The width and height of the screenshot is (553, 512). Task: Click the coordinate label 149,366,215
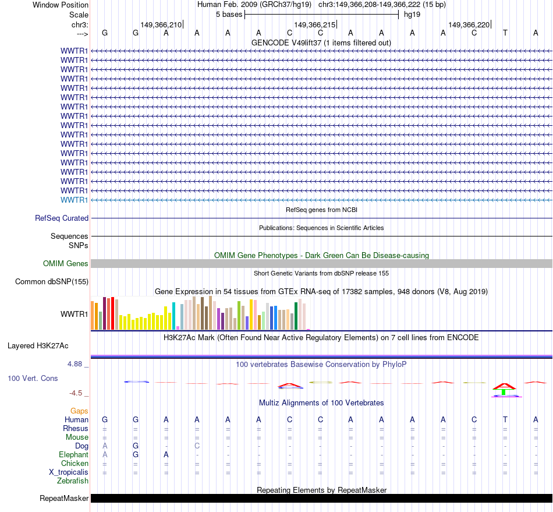(x=315, y=24)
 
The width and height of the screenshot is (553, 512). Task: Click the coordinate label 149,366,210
(x=161, y=24)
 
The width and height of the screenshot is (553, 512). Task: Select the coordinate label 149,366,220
(x=469, y=24)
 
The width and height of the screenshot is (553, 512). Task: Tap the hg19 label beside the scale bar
(x=412, y=14)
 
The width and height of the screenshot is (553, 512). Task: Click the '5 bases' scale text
(x=229, y=14)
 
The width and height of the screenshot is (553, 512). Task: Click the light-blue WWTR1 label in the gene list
(x=75, y=200)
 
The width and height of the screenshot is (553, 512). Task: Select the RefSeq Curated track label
(x=62, y=218)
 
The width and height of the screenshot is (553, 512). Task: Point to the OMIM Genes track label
(x=66, y=263)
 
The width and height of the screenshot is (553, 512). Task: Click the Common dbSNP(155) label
(x=52, y=282)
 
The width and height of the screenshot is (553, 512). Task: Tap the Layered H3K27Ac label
(x=38, y=345)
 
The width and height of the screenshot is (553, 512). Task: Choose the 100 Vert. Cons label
(x=33, y=378)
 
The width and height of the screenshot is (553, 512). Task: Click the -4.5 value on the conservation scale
(x=76, y=393)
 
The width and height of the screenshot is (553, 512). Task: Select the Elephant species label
(x=74, y=454)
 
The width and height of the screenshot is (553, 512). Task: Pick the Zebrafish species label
(x=73, y=481)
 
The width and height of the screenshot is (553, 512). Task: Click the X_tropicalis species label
(x=69, y=472)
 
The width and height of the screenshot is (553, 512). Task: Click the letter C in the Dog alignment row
(x=197, y=446)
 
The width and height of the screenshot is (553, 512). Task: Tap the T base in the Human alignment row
(x=505, y=419)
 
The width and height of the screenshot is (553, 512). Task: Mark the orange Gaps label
(x=80, y=411)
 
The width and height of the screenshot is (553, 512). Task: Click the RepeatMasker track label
(x=64, y=498)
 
